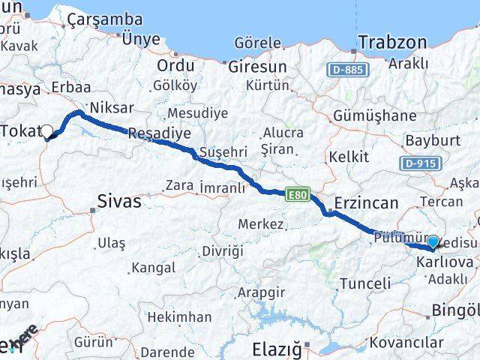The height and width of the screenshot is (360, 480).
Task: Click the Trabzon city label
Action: [x=393, y=43]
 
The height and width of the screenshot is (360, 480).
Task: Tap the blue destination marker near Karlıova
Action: [x=433, y=241]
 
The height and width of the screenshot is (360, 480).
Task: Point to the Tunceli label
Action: [x=365, y=283]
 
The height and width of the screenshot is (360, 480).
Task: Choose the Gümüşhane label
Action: [x=376, y=115]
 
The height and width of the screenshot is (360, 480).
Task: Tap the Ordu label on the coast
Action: [x=175, y=66]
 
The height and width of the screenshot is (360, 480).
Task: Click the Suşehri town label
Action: [x=223, y=152]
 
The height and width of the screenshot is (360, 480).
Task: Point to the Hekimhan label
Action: [x=179, y=317]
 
